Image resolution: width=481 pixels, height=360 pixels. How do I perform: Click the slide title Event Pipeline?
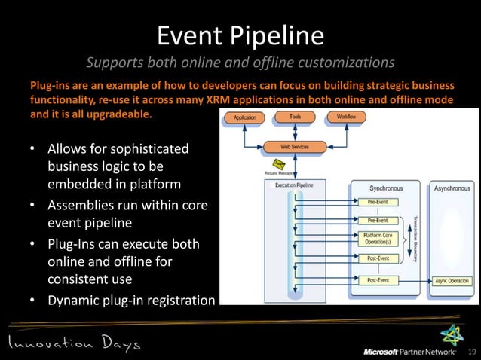[x=240, y=35]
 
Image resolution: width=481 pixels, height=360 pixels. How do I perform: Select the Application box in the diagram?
[x=245, y=117]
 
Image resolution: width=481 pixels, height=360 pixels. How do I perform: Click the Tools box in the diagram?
[x=295, y=117]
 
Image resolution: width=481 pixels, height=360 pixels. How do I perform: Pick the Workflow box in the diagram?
[x=347, y=117]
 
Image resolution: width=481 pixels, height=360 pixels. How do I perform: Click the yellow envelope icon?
[x=277, y=164]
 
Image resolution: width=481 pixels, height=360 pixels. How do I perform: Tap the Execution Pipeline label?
[x=294, y=185]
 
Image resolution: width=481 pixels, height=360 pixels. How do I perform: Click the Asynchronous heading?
[x=452, y=188]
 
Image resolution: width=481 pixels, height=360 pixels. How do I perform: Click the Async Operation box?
[x=452, y=281]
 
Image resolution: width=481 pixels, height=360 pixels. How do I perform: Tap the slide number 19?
[x=473, y=352]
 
